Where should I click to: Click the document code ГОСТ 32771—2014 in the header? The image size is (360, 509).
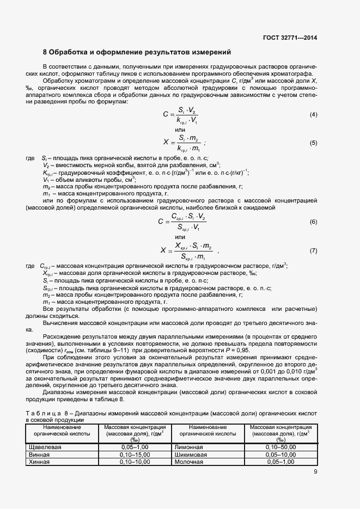point(290,38)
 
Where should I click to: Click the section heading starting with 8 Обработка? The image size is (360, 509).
point(137,53)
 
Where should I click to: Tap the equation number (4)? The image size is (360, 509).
point(313,114)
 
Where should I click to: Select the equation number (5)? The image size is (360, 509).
point(313,143)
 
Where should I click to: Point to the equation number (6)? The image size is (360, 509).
point(313,222)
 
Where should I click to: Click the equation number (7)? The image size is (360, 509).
point(313,250)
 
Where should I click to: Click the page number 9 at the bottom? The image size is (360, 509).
point(315,472)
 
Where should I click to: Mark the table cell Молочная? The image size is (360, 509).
point(189,462)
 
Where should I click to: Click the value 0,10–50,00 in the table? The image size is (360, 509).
point(280,447)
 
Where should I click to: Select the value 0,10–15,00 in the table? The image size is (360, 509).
point(135,454)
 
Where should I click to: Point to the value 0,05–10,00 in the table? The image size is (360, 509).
point(280,454)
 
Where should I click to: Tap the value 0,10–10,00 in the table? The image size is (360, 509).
point(135,462)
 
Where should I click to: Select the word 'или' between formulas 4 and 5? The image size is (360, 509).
point(180,130)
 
